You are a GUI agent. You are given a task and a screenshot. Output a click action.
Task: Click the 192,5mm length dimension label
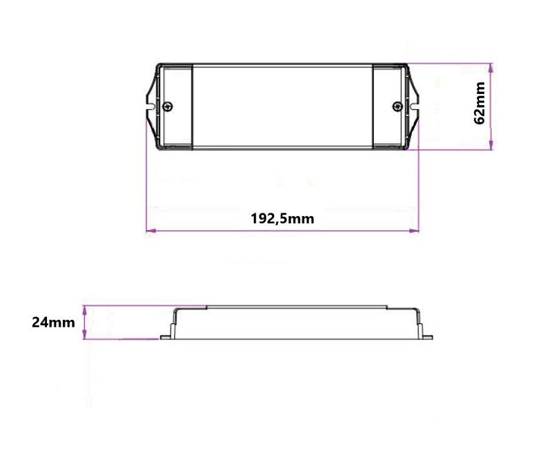282,219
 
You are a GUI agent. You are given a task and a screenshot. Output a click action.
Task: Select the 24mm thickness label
53,322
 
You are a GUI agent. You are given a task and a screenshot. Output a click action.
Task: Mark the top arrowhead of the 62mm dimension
491,67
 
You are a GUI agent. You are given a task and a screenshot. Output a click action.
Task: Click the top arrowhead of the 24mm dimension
84,309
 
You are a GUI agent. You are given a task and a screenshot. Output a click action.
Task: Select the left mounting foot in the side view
166,337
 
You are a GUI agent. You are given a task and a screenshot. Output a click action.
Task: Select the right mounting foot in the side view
430,337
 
